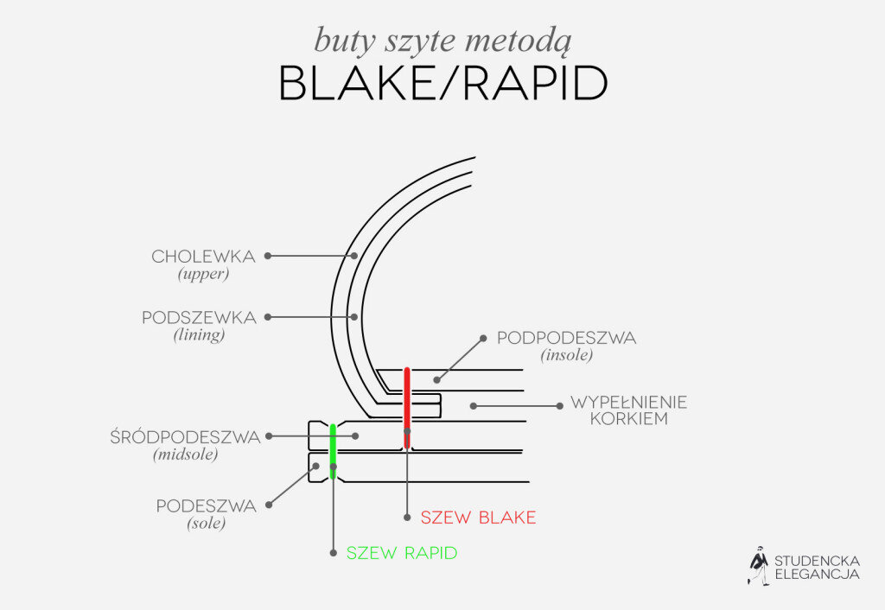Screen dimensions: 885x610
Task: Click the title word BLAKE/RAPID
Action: (443, 83)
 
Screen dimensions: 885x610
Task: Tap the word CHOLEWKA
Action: (204, 257)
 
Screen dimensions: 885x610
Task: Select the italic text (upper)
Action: (204, 274)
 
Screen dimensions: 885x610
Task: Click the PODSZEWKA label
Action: (200, 318)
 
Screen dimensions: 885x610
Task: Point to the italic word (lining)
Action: (200, 335)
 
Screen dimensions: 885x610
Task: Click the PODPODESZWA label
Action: (567, 338)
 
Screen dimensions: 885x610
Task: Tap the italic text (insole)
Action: (567, 355)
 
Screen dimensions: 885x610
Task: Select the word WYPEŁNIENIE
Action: (629, 403)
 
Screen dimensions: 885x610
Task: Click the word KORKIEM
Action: (629, 419)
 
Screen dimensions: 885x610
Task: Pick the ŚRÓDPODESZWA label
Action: (186, 436)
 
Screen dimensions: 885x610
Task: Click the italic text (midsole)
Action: (186, 454)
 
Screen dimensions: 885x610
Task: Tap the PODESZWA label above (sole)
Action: (207, 505)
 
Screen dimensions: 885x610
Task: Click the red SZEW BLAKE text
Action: (479, 518)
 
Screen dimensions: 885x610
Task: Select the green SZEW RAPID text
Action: (402, 553)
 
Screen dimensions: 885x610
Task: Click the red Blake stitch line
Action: (407, 408)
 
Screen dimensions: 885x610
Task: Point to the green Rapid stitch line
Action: (333, 451)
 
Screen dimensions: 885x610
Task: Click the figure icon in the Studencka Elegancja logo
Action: (759, 565)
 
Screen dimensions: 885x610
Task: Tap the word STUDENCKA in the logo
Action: (818, 562)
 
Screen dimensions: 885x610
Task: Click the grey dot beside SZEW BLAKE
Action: (407, 518)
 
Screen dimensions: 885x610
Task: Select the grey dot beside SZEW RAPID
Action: (333, 553)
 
